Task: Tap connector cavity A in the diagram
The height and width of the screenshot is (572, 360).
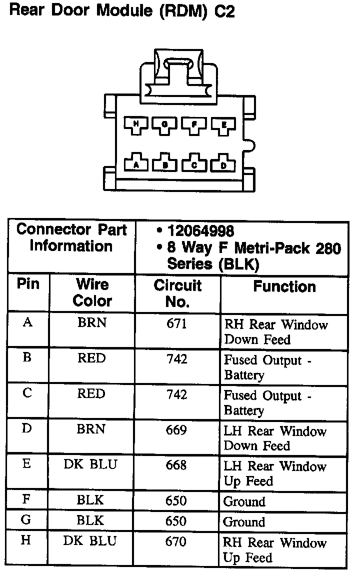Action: [136, 163]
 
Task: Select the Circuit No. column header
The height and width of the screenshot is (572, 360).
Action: [177, 293]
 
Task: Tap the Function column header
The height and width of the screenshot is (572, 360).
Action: [284, 287]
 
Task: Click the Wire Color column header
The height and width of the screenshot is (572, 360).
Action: [92, 293]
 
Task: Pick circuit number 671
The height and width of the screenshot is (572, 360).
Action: [176, 323]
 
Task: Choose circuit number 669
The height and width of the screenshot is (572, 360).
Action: [176, 430]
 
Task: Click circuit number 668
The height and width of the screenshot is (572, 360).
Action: [176, 465]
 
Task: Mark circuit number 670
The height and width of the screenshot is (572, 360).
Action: [176, 541]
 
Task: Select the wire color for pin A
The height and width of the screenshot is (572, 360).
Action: [91, 323]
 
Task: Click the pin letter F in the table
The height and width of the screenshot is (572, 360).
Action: [27, 500]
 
